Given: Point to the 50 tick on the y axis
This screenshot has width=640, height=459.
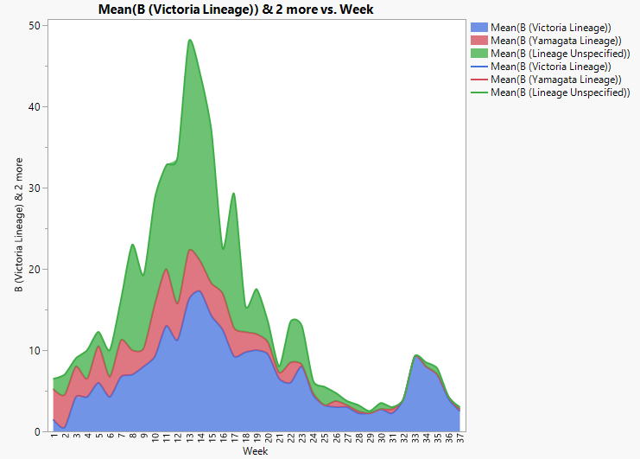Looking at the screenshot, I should (x=34, y=26).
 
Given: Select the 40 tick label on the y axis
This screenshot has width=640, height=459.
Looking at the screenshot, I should (x=34, y=107).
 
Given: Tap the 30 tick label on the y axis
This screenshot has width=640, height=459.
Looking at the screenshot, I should (x=34, y=188).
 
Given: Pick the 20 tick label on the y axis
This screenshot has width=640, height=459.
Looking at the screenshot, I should (x=34, y=270).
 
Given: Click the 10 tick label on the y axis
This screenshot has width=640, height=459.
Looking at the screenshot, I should (x=34, y=351).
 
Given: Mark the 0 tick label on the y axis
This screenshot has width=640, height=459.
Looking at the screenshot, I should (x=36, y=431).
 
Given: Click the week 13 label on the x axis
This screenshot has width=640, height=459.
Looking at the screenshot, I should (x=190, y=441).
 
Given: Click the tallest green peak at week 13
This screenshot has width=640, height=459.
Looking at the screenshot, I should (x=190, y=40).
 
